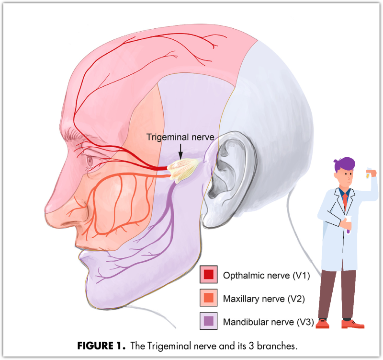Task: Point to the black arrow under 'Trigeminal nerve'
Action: tap(180, 152)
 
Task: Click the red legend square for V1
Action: tap(208, 275)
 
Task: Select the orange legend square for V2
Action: tap(208, 298)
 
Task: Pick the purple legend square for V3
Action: tap(208, 322)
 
